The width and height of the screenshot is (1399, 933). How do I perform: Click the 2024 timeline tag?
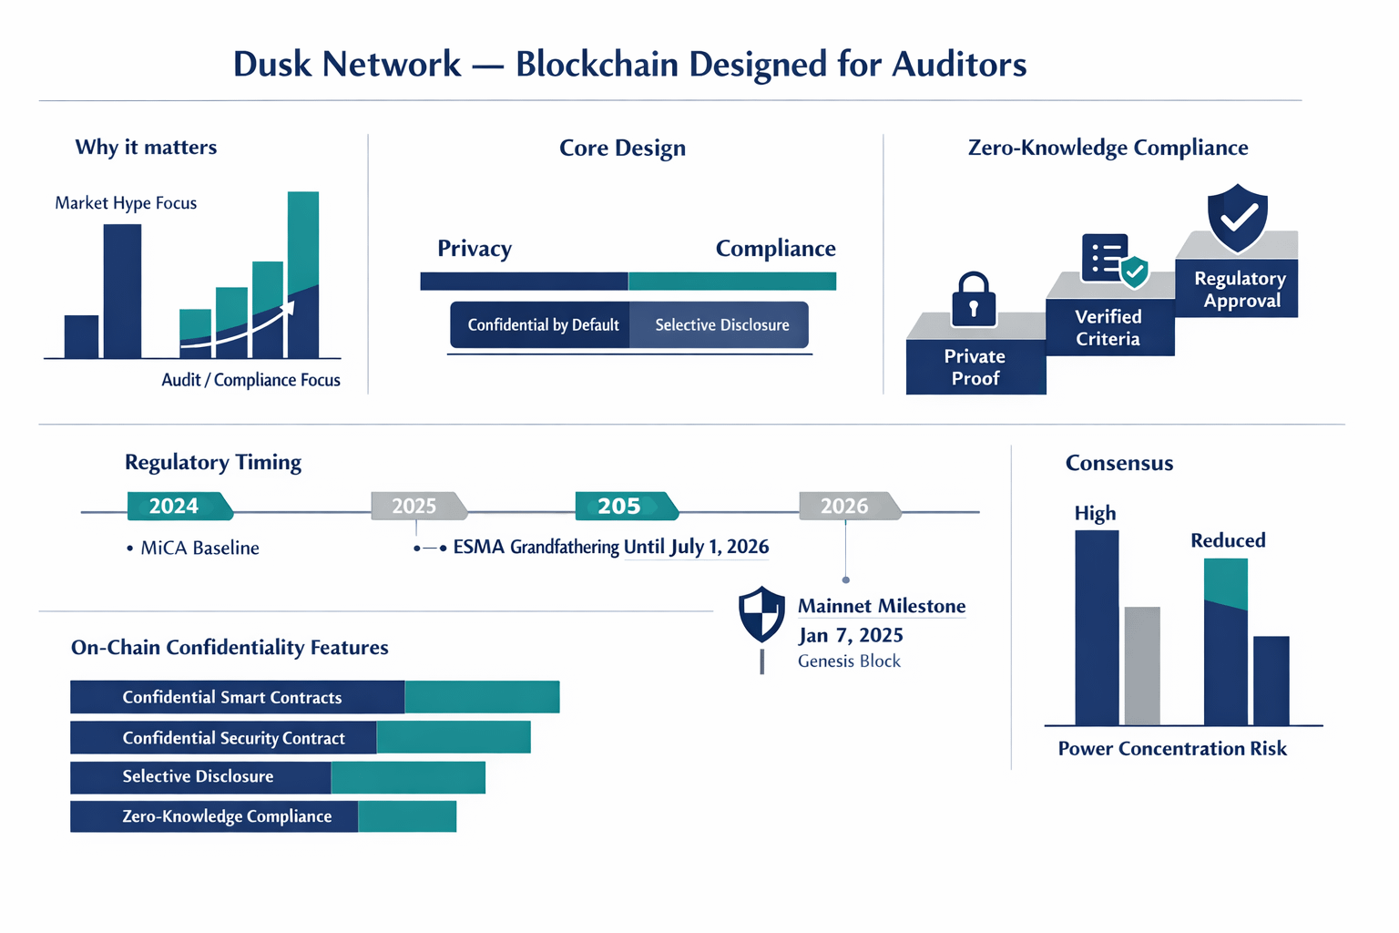(180, 506)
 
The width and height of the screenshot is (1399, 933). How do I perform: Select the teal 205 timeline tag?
(627, 506)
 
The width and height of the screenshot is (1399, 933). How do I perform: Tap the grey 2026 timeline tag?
(850, 506)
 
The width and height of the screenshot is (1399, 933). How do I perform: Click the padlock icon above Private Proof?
(973, 299)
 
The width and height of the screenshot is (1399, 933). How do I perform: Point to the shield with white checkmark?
(1237, 218)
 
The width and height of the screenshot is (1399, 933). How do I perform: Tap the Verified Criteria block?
(1110, 327)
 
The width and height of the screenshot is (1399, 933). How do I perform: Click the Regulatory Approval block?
(1237, 288)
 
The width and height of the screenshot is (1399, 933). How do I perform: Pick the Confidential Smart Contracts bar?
(315, 697)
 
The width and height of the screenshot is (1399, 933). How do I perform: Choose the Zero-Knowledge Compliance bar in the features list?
(263, 816)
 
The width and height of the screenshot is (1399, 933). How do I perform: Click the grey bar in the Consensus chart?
(1142, 665)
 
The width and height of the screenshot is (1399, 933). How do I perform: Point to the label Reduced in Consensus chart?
(1228, 540)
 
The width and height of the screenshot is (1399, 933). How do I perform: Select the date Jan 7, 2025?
(850, 635)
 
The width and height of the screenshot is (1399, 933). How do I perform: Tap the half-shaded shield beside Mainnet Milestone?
(761, 614)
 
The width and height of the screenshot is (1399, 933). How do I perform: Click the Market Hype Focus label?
(126, 203)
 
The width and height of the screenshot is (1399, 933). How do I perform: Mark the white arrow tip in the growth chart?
(293, 303)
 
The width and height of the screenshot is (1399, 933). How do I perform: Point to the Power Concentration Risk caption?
(1172, 748)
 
